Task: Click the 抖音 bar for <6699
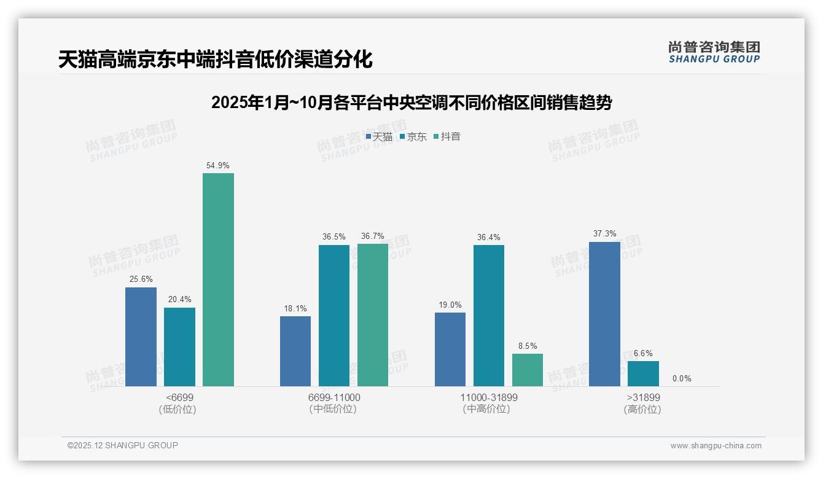[x=218, y=279]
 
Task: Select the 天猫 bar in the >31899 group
[x=604, y=314]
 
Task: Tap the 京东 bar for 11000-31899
[x=489, y=316]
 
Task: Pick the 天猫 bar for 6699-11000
[x=295, y=351]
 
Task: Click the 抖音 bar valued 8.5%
[x=528, y=370]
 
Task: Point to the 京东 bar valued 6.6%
[x=643, y=373]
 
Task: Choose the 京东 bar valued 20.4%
[x=179, y=347]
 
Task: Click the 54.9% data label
[x=218, y=166]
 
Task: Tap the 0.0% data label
[x=682, y=379]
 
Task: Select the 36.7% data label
[x=373, y=236]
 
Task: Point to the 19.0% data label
[x=450, y=305]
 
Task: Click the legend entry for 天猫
[x=379, y=137]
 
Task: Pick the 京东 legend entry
[x=413, y=137]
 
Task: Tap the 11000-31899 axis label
[x=489, y=397]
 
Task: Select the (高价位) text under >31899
[x=642, y=410]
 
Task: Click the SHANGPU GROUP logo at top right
[x=714, y=52]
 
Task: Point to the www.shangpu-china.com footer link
[x=716, y=446]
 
